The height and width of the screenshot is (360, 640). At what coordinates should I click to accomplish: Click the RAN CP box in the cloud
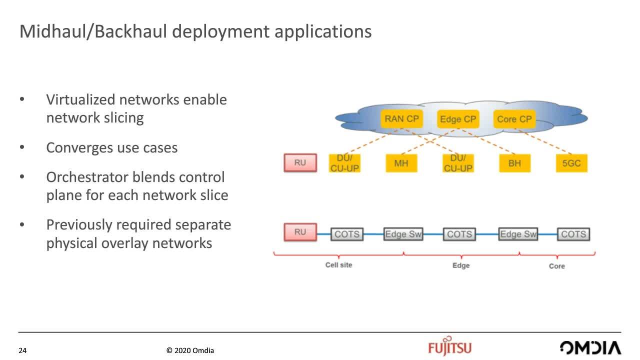tap(401, 119)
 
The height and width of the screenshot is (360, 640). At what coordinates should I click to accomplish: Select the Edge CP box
tap(458, 119)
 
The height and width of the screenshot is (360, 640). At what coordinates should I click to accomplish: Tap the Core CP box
tap(514, 119)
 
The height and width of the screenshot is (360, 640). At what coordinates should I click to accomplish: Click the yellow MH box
tap(401, 163)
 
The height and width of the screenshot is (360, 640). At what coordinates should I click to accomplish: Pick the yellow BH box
tap(515, 163)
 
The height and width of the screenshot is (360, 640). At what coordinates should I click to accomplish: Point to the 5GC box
tap(571, 163)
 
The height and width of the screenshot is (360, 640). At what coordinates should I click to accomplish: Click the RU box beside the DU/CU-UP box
tap(300, 162)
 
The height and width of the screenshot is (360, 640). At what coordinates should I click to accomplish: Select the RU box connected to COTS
tap(300, 232)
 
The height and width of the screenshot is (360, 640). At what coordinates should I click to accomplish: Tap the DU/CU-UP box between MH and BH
tap(458, 163)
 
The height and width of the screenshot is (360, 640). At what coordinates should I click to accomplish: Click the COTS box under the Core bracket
tap(573, 234)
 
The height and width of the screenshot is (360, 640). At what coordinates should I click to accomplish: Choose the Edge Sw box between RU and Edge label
tap(403, 234)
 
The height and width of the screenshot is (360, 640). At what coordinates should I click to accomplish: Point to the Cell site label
tap(338, 265)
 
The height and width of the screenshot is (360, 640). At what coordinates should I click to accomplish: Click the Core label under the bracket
tap(557, 266)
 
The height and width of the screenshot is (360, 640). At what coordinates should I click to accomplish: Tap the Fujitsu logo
tap(449, 346)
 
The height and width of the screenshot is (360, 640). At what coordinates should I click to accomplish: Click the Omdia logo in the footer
tap(590, 347)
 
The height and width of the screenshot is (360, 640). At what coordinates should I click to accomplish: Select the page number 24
tap(22, 350)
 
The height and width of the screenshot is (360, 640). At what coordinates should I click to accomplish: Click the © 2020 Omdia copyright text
tap(190, 350)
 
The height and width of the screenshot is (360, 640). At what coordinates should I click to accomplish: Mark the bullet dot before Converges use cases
tap(22, 147)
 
